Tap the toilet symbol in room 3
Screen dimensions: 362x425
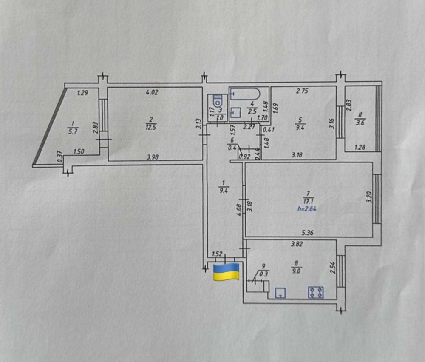pyautogui.click(x=218, y=101)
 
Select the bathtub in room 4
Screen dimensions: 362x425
pyautogui.click(x=245, y=94)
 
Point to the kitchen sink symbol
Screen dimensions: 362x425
pyautogui.click(x=280, y=292)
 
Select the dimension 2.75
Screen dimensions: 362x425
pyautogui.click(x=302, y=90)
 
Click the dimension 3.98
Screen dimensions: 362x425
pyautogui.click(x=152, y=157)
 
